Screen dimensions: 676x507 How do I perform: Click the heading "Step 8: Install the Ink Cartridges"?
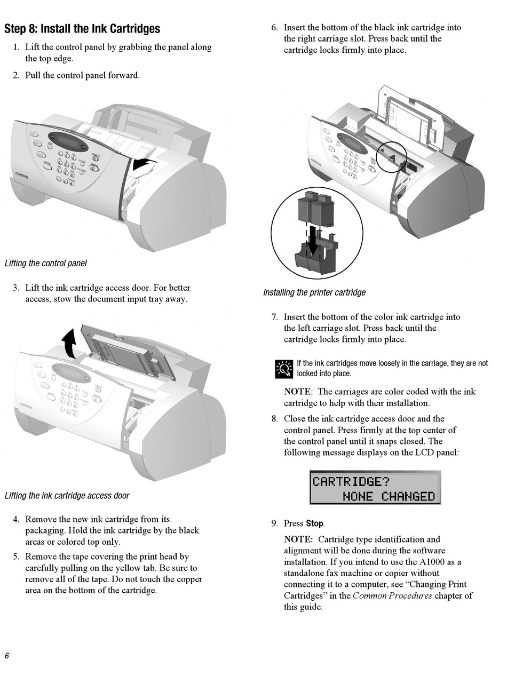click(82, 28)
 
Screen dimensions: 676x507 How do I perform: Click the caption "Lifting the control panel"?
click(45, 263)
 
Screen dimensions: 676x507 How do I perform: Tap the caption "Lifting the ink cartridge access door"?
click(67, 496)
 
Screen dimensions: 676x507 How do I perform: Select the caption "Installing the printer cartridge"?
click(314, 292)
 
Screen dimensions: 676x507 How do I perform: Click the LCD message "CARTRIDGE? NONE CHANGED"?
click(375, 488)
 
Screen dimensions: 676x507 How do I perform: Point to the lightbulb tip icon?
click(284, 369)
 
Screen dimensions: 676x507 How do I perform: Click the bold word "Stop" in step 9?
click(314, 523)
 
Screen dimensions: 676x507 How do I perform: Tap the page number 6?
click(7, 656)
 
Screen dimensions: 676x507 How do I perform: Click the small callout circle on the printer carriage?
click(392, 157)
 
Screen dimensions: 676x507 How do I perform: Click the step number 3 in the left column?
click(16, 288)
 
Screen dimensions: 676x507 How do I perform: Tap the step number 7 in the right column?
click(274, 317)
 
